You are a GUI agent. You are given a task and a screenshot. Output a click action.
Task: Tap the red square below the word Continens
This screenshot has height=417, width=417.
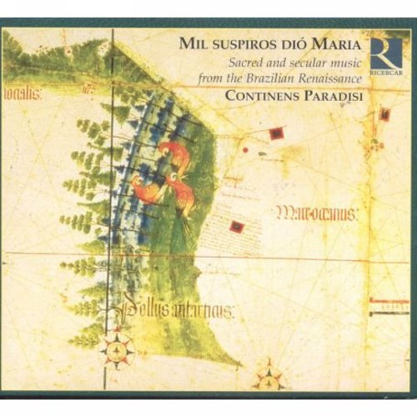pyautogui.click(x=276, y=133)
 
